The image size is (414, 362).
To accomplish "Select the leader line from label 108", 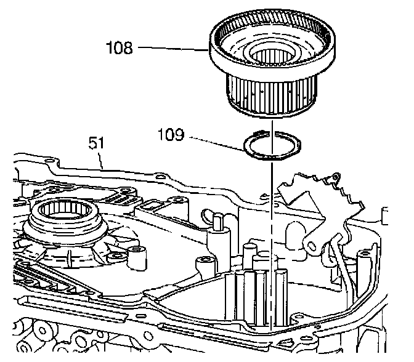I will click(172, 47).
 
